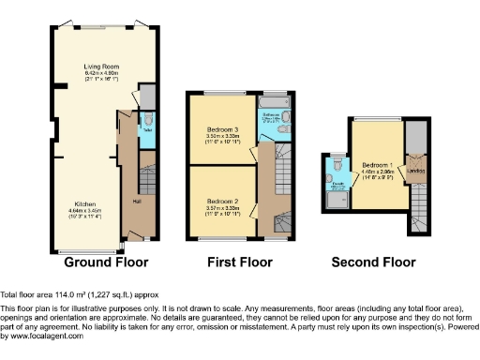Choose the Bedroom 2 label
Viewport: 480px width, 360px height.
220,201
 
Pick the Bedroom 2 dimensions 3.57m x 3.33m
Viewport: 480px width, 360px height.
220,207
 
